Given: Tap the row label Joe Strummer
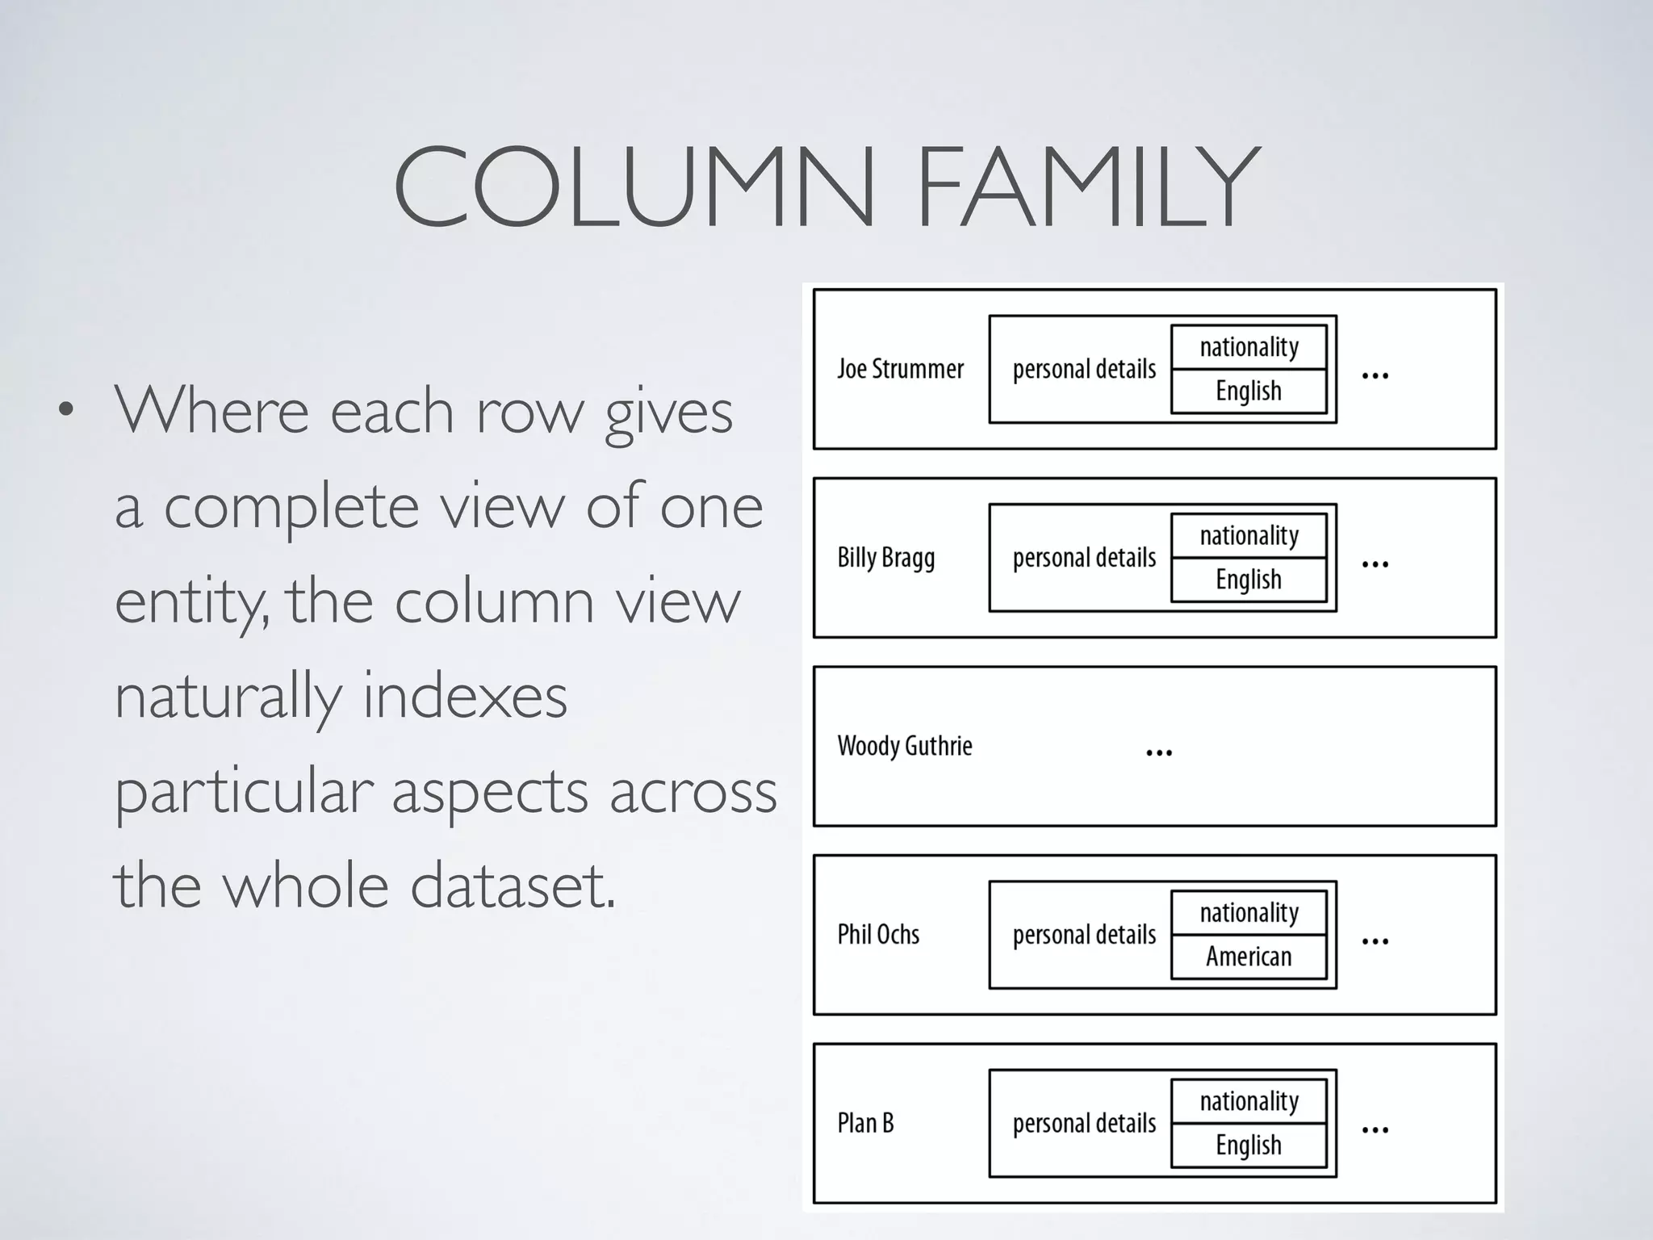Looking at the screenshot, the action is click(900, 369).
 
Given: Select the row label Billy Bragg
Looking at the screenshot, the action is click(885, 558).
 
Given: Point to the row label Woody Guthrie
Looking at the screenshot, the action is click(904, 746).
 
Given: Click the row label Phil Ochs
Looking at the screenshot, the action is click(878, 935).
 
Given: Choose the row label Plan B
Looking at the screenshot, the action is click(865, 1123).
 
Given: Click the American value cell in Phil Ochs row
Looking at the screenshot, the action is click(1249, 957).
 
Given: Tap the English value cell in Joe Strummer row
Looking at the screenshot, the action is click(1249, 392).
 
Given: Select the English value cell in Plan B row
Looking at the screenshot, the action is click(1249, 1146).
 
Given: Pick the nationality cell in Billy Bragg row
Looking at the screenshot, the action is click(1249, 535).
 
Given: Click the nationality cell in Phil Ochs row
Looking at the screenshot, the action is click(1249, 913).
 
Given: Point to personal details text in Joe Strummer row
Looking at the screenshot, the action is click(1084, 370).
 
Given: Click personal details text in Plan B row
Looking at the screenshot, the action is click(1084, 1124).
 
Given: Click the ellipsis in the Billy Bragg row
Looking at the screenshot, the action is click(1375, 564).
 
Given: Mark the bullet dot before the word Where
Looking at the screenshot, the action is click(66, 409).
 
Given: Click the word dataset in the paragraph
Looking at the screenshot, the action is click(513, 886).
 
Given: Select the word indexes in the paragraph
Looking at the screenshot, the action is click(464, 696).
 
